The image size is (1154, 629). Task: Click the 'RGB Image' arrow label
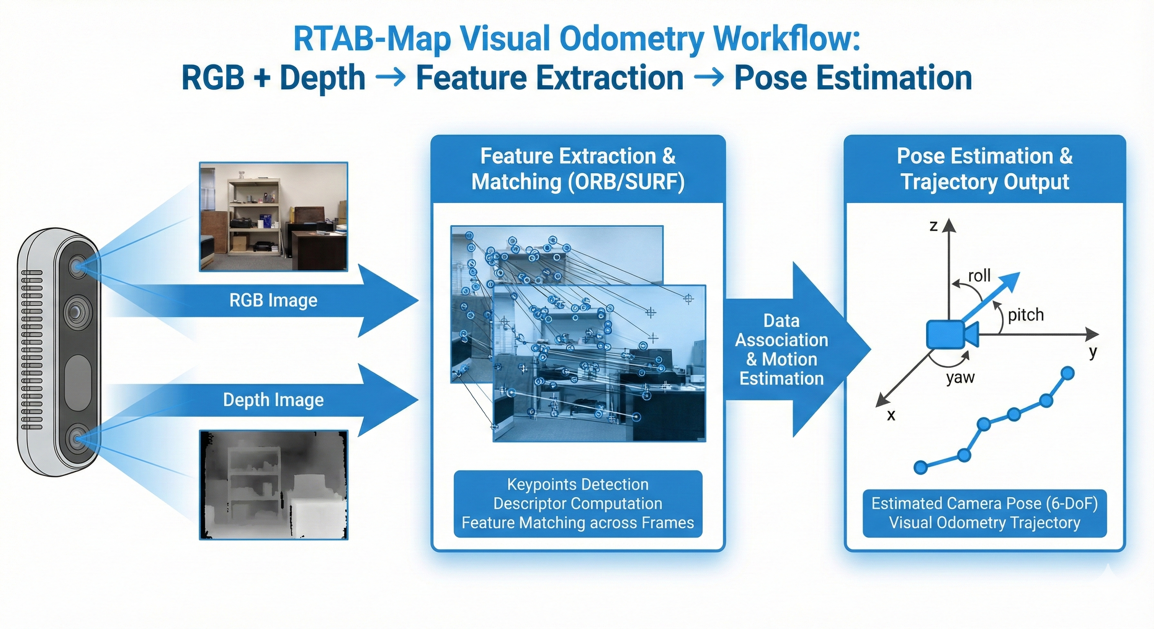pos(273,301)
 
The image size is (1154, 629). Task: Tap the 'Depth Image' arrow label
pos(273,400)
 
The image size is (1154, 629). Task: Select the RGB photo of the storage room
pos(273,217)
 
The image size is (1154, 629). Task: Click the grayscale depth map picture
pos(273,485)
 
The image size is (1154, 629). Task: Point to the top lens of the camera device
pos(78,267)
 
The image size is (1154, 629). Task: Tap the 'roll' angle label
pos(979,276)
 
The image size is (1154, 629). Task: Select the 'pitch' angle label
pos(1026,315)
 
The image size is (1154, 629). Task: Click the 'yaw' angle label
pos(961,378)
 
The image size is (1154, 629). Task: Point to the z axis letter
pos(934,226)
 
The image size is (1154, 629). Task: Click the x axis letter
pos(891,415)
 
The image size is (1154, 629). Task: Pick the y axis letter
pos(1093,352)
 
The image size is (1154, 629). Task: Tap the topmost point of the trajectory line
pos(1068,373)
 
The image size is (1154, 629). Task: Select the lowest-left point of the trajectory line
pos(920,467)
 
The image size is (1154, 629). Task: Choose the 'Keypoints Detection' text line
pos(578,484)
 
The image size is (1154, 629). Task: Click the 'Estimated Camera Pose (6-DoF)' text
pos(985,503)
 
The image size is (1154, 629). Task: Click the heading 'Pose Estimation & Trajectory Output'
pos(985,169)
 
